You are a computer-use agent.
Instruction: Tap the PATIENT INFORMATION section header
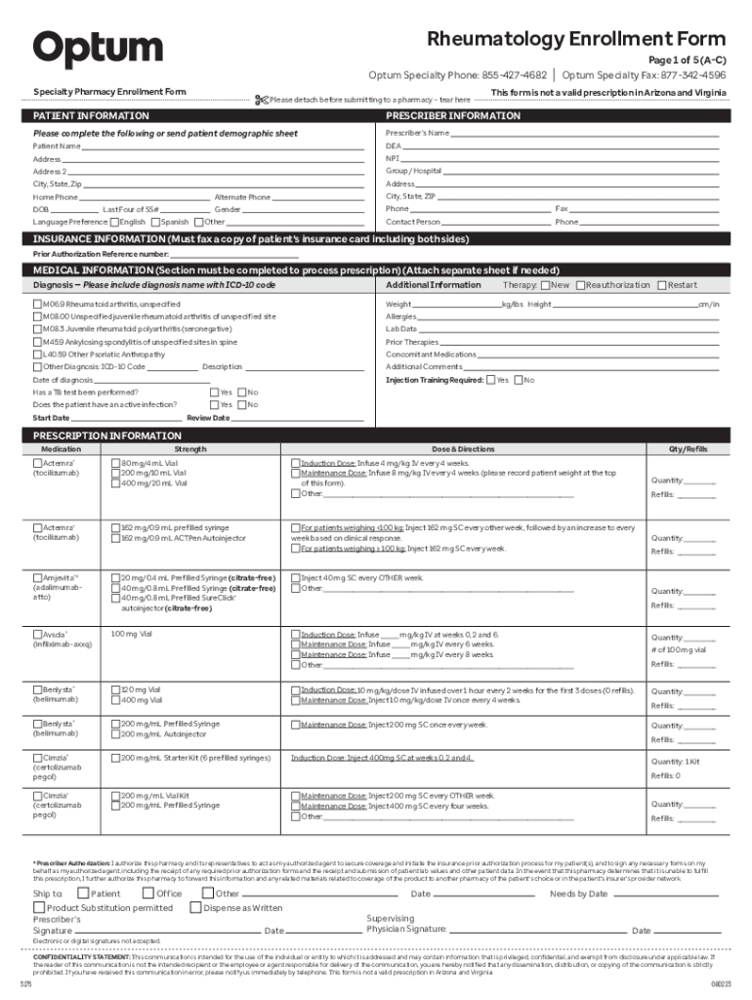pos(92,116)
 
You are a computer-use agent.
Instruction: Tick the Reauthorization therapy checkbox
pos(580,285)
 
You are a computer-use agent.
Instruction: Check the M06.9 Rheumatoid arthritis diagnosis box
pos(37,305)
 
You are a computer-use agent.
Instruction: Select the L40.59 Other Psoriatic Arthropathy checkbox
pos(37,354)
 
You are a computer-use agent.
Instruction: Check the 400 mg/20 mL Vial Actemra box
pos(115,483)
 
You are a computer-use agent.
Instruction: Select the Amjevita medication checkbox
pos(37,578)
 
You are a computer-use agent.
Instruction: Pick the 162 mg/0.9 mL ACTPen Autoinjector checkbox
pos(115,538)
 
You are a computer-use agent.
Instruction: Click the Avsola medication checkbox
pos(37,635)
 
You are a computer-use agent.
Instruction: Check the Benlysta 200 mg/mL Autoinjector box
pos(115,733)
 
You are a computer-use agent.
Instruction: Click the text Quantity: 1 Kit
pos(676,762)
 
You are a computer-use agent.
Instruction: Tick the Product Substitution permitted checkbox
pos(38,907)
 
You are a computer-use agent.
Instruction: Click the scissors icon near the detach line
pos(260,100)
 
